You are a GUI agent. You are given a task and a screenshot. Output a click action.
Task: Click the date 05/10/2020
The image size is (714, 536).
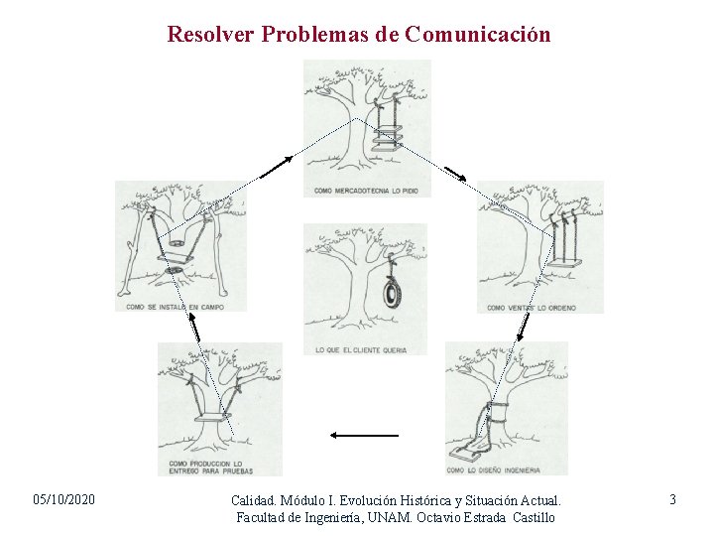[64, 499]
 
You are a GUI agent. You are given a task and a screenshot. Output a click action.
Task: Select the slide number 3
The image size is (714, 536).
[672, 499]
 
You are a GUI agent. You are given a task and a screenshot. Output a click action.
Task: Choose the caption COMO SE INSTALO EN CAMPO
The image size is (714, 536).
[175, 307]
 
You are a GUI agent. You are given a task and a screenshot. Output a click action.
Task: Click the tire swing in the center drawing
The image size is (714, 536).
[395, 294]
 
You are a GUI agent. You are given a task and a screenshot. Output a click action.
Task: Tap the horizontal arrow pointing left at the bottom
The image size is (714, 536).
[363, 435]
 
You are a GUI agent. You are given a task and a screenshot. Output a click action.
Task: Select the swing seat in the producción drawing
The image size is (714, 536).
[210, 418]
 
